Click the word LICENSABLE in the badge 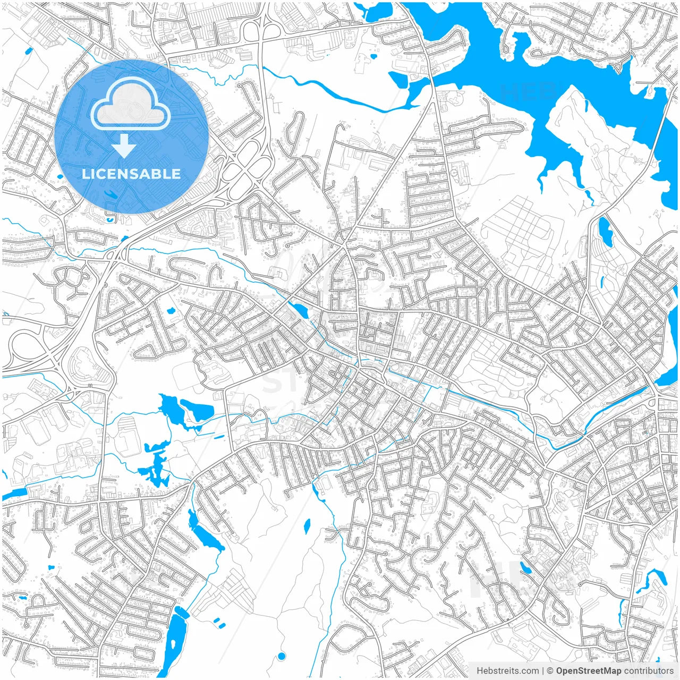click(131, 174)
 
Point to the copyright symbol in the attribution click(550, 671)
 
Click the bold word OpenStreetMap click(589, 671)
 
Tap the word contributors click(649, 671)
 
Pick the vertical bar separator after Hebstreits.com click(543, 671)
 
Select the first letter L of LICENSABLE click(86, 174)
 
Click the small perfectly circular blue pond click(282, 656)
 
